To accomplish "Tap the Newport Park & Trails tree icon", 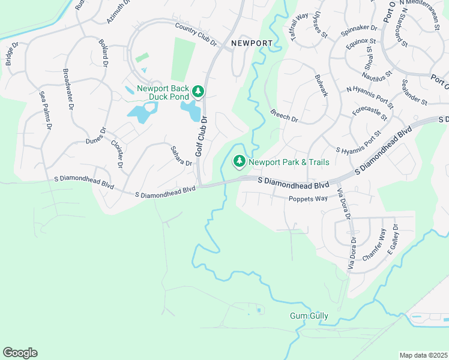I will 239,161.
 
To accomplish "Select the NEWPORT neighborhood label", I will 252,44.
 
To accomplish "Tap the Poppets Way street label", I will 308,199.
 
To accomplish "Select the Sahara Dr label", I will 181,156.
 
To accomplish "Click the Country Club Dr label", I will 196,34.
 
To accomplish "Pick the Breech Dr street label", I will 284,115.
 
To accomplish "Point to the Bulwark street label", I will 321,86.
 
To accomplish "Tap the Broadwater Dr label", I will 67,89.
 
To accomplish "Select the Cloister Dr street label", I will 117,153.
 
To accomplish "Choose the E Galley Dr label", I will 393,239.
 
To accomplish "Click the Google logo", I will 20,352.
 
